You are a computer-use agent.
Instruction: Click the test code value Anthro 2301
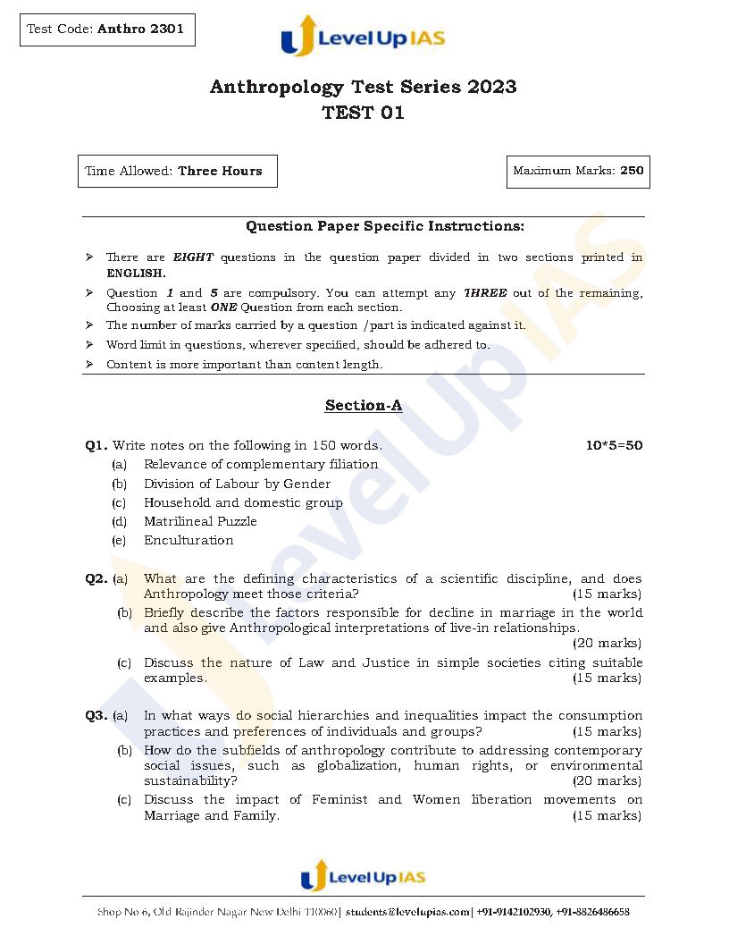pos(140,29)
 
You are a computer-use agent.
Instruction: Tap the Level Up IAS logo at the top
pos(363,37)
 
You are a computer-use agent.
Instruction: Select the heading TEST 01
pos(363,113)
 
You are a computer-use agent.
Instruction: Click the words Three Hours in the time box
pos(220,171)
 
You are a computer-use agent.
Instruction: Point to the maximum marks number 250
pos(632,171)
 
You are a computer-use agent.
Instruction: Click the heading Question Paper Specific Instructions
pos(385,227)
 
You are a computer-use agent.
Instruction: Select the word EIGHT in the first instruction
pos(193,257)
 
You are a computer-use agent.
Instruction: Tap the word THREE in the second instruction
pos(485,293)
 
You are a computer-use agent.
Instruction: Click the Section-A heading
pos(363,406)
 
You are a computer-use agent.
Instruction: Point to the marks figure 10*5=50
pos(614,445)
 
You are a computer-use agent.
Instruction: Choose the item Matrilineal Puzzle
pos(200,521)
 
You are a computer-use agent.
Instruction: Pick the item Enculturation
pos(189,540)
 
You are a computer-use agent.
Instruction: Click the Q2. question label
pos(96,578)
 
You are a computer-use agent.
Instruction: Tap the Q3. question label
pos(96,715)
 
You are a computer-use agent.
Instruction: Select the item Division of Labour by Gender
pos(237,484)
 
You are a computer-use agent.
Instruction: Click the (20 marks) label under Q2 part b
pos(607,644)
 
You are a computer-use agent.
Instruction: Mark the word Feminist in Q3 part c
pos(339,799)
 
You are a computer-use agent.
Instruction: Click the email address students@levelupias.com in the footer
pos(408,912)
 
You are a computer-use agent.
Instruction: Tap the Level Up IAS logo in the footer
pos(363,876)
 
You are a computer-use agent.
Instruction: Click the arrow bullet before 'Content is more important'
pos(89,365)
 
